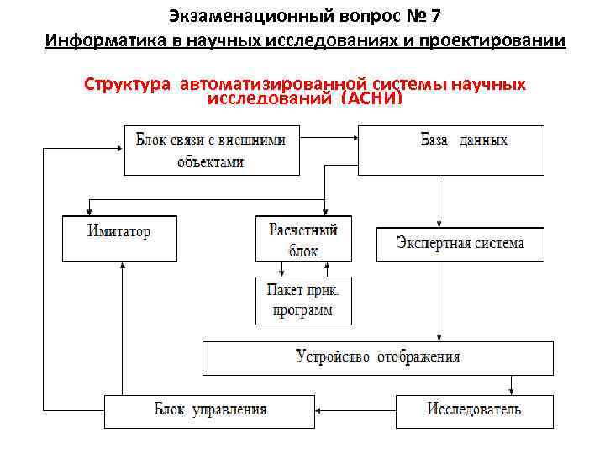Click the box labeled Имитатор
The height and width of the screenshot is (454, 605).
(119, 238)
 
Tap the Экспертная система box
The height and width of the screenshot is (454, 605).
(460, 244)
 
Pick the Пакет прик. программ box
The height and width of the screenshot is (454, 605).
(303, 300)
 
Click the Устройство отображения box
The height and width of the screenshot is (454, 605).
(378, 357)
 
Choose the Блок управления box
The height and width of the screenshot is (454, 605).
(210, 410)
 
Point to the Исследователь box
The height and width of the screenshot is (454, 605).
(475, 410)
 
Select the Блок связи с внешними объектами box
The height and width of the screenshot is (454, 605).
(211, 150)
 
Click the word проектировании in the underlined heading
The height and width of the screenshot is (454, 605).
(505, 40)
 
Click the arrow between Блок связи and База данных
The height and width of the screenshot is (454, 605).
(329, 150)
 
